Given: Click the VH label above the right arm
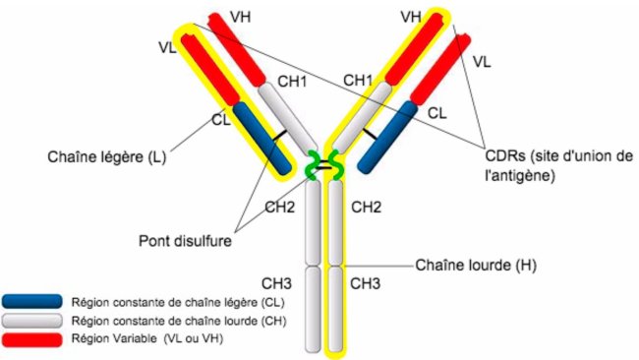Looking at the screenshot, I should click(412, 18).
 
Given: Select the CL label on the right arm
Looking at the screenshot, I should click(438, 112).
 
